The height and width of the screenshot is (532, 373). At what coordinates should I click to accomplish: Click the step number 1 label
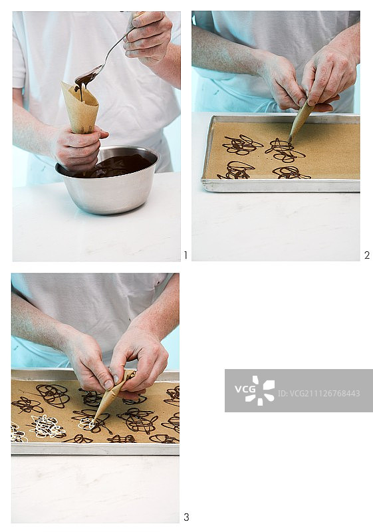tap(186, 255)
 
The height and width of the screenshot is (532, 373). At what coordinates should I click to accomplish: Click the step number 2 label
tap(366, 255)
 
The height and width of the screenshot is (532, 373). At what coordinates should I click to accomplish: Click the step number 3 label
tap(186, 517)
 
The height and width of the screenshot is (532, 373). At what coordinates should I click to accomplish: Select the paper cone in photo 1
tap(80, 107)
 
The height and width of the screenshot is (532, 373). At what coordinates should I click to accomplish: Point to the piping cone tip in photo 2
tap(290, 140)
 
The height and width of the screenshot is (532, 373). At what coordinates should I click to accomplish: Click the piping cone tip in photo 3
tap(94, 421)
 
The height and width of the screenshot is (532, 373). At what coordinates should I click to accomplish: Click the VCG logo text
tap(245, 389)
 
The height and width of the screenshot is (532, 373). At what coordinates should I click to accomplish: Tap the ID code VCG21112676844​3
tap(318, 394)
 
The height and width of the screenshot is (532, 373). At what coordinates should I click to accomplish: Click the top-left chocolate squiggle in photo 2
tap(242, 145)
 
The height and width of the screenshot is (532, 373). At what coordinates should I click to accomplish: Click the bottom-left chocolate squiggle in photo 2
tap(235, 171)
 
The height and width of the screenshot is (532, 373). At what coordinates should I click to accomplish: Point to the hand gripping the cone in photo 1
tap(80, 146)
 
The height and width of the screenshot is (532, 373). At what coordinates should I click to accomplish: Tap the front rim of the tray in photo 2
tap(281, 186)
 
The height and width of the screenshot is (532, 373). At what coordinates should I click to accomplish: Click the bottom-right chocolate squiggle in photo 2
tap(291, 173)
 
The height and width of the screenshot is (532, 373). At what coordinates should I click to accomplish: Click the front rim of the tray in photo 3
tap(95, 449)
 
